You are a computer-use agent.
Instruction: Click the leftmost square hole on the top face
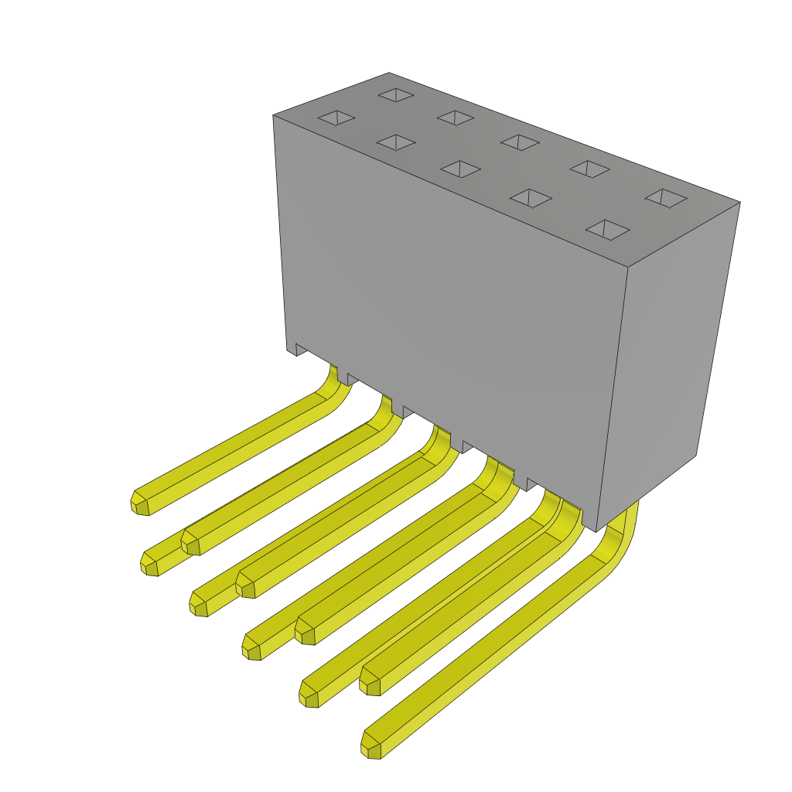(336, 118)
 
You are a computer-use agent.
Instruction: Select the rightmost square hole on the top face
(666, 198)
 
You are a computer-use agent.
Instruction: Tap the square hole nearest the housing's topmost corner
(396, 95)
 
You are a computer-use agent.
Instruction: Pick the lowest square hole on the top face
(608, 230)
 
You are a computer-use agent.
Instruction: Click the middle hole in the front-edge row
(461, 169)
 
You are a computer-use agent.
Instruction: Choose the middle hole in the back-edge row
(520, 142)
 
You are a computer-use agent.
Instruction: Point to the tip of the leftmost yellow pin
(140, 504)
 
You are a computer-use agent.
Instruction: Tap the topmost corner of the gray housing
(389, 73)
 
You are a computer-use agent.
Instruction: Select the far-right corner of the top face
(739, 203)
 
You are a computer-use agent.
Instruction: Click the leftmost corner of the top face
(274, 115)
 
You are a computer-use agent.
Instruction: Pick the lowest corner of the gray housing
(596, 531)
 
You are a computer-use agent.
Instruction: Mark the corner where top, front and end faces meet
(627, 268)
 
